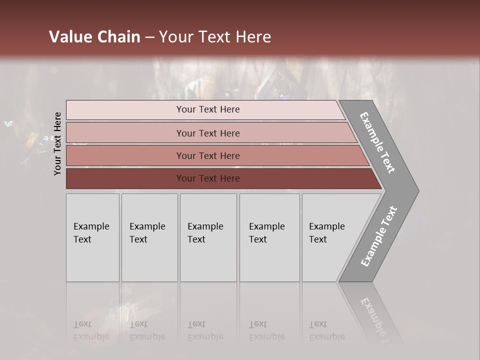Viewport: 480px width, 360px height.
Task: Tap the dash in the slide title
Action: [149, 37]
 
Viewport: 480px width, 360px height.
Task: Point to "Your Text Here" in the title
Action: [214, 37]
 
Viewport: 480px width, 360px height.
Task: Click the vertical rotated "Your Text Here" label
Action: [57, 143]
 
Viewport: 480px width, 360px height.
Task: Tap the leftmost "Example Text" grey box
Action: [92, 237]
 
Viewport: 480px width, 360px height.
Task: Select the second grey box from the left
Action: [149, 237]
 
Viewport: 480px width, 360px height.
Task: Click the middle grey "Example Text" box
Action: [208, 237]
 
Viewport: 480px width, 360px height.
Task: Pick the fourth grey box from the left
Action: [269, 237]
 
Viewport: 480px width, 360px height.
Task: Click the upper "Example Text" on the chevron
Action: [377, 142]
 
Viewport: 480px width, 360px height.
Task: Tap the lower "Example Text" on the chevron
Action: [378, 236]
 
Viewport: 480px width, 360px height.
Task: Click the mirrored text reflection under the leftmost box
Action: [91, 330]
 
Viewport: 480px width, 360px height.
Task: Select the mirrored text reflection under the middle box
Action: [205, 330]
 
